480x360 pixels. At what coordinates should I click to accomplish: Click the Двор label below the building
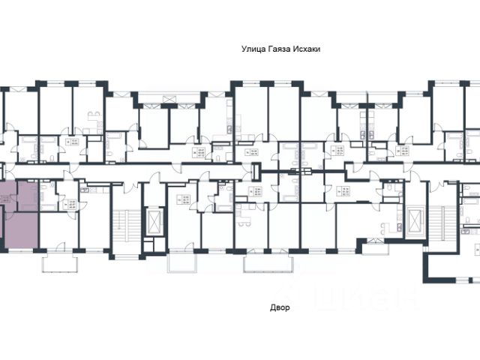coord(277,307)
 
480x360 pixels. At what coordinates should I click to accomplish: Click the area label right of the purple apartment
coord(73,203)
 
